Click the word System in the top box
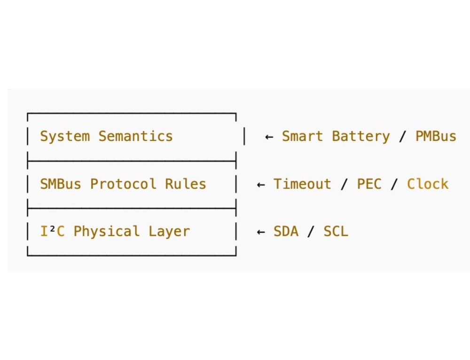65,136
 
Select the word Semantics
135,136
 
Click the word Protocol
123,184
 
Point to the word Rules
185,184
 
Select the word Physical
106,232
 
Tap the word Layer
169,232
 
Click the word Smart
302,136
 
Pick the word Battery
360,137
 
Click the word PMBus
436,136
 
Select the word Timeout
302,184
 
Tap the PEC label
369,184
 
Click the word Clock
428,184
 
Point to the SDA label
286,231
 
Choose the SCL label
336,231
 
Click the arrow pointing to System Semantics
269,137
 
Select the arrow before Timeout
261,184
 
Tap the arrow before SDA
261,232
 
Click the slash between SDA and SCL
311,231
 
